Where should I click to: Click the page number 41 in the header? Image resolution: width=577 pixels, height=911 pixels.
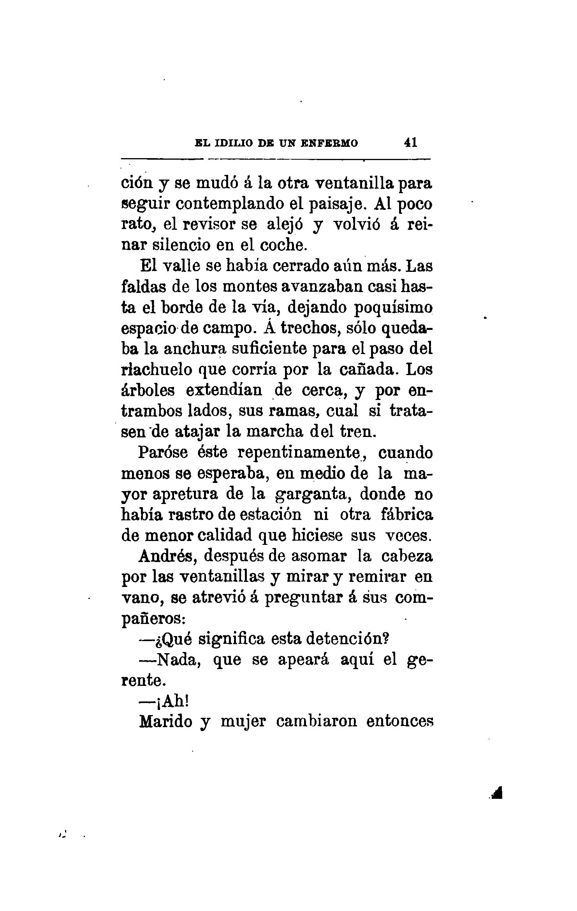click(x=411, y=142)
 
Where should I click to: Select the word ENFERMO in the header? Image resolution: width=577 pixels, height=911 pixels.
click(x=329, y=143)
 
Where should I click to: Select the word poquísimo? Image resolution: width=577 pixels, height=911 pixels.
click(x=393, y=308)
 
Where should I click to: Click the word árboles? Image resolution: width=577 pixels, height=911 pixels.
click(x=148, y=391)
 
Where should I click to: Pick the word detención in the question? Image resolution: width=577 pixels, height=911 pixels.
click(x=348, y=639)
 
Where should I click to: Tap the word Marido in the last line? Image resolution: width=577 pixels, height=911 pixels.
click(x=165, y=722)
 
